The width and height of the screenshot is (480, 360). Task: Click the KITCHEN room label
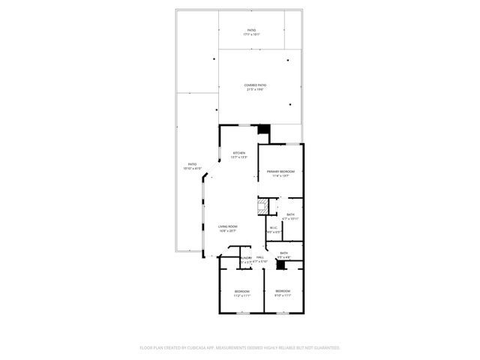pos(238,153)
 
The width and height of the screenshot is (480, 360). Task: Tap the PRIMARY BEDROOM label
pos(280,172)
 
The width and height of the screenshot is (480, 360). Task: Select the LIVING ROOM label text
pos(228,226)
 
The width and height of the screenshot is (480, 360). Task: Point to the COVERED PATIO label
pos(255,85)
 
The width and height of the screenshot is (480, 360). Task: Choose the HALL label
pos(260,257)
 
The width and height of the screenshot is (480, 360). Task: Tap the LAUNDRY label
pos(245,257)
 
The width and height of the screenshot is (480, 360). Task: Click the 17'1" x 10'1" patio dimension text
pos(250,34)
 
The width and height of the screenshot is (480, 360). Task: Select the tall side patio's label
pos(193,164)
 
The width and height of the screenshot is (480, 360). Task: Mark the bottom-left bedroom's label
pos(241,291)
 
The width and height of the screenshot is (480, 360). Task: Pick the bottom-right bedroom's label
pos(282,291)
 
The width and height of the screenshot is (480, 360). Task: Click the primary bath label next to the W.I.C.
pos(290,214)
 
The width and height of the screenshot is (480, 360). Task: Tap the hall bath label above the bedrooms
pos(283,253)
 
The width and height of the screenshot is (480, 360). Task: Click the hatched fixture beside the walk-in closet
pos(263,206)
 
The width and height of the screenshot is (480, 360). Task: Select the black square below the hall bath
pos(281,265)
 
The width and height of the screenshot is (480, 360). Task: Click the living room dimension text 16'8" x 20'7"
pos(228,231)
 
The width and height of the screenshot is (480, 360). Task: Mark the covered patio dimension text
pos(255,90)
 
